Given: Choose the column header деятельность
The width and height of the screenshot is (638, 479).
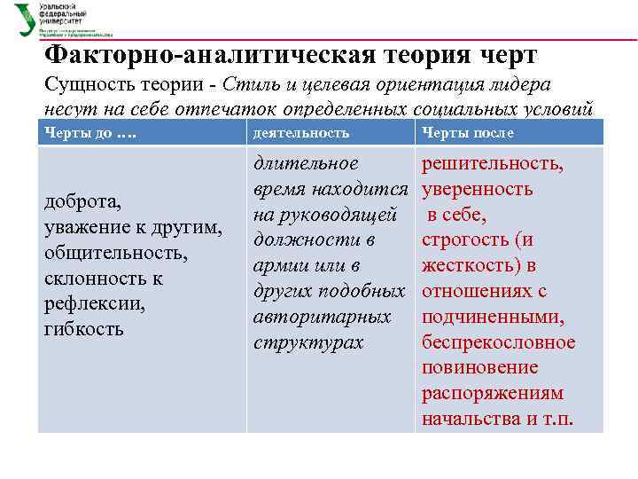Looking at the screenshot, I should tap(300, 133).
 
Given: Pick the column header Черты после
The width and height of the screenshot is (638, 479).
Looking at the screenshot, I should tap(467, 133).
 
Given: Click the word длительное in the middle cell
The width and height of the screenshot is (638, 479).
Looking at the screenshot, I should tap(306, 163).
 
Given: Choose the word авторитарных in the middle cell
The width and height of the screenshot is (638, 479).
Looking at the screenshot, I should tap(322, 317).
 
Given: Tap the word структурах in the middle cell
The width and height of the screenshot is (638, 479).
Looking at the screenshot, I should tap(308, 342).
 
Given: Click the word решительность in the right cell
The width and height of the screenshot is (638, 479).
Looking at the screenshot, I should tap(493, 163).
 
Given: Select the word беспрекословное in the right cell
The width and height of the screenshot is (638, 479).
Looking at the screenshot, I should tap(498, 342).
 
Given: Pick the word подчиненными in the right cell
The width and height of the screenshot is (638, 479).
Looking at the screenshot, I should tap(493, 317).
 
